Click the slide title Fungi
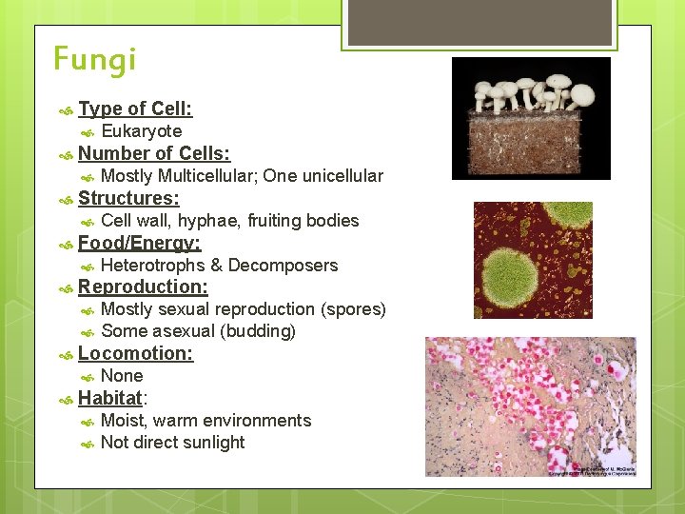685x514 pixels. click(x=95, y=60)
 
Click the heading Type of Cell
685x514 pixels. click(x=135, y=109)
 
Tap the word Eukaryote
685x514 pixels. click(x=141, y=131)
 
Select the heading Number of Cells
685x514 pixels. click(x=154, y=153)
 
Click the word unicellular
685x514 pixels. click(x=340, y=176)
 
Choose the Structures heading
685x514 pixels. click(x=128, y=198)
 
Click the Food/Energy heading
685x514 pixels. click(x=139, y=243)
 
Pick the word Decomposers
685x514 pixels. click(x=283, y=266)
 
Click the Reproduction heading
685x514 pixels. click(x=143, y=287)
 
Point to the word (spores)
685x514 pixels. click(x=353, y=309)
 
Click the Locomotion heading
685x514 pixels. click(x=135, y=353)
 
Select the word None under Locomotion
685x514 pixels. click(x=122, y=376)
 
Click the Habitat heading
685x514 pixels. click(x=109, y=398)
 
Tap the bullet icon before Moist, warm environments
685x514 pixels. click(x=86, y=421)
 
